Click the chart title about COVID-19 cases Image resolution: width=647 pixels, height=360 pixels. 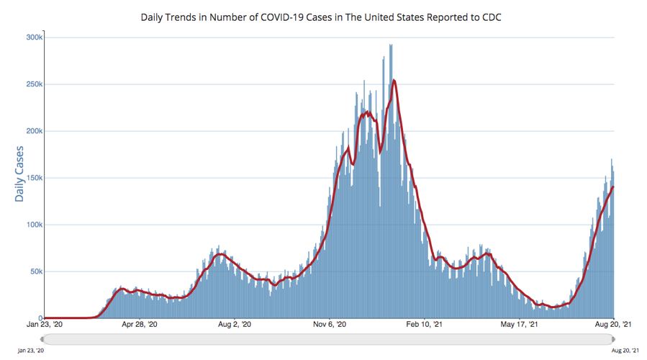pyautogui.click(x=321, y=15)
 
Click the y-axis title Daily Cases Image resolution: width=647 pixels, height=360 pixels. pyautogui.click(x=19, y=174)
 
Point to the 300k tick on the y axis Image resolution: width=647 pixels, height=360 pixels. pyautogui.click(x=32, y=37)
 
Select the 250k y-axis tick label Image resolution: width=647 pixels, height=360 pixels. pyautogui.click(x=32, y=84)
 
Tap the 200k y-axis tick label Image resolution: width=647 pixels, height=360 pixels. pyautogui.click(x=32, y=131)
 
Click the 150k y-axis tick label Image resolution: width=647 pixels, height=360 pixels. pyautogui.click(x=32, y=178)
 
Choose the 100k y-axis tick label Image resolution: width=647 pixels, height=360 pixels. pyautogui.click(x=32, y=225)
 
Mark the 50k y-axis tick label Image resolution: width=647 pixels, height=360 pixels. pyautogui.click(x=34, y=271)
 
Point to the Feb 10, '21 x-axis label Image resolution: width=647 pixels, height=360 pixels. pyautogui.click(x=425, y=325)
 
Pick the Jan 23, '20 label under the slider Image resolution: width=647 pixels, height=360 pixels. pyautogui.click(x=31, y=350)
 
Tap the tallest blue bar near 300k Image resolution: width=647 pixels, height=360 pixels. pyautogui.click(x=391, y=45)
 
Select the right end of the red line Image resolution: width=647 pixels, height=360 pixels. pyautogui.click(x=613, y=187)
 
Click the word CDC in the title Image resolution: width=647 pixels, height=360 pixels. pyautogui.click(x=491, y=15)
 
